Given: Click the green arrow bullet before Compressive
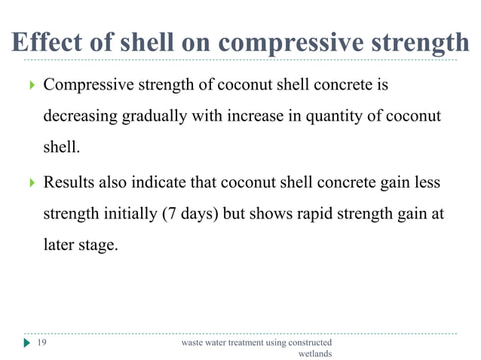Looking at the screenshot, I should click(x=30, y=85).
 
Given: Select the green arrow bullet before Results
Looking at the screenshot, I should click(x=30, y=183).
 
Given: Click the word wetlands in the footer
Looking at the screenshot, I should click(x=315, y=354).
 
